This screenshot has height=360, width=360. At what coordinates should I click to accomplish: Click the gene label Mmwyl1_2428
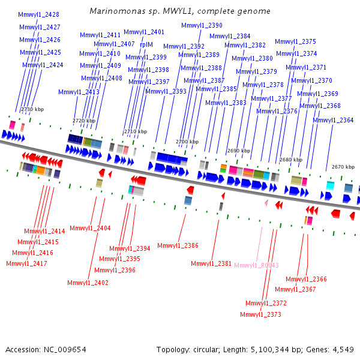point(38,14)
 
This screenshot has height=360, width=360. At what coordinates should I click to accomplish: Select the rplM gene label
point(146,44)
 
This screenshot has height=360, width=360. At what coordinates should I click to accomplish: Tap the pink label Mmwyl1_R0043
point(256,265)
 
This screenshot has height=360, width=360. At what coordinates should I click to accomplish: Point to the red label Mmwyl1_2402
point(88,283)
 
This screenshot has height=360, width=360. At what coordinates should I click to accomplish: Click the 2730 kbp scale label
point(32,109)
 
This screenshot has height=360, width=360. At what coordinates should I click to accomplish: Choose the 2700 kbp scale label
point(187,142)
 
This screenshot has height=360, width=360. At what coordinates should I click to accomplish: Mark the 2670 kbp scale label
point(343,167)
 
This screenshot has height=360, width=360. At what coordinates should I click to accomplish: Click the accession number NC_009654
point(65,350)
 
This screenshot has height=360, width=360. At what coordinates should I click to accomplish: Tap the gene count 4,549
point(343,350)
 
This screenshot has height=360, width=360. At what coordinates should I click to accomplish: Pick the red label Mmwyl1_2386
point(178,245)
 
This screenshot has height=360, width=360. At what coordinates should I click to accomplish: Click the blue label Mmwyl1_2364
point(333,120)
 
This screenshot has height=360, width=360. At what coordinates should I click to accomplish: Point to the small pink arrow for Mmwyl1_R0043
point(266,203)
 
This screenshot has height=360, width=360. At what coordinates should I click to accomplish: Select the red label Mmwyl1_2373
point(260,314)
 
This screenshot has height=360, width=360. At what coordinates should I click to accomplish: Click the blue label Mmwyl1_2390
point(202,25)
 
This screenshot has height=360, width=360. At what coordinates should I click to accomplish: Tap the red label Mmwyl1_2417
point(26,263)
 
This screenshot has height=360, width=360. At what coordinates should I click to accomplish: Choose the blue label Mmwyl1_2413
point(79,92)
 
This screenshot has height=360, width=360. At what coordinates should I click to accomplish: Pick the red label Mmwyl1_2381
point(211,263)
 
